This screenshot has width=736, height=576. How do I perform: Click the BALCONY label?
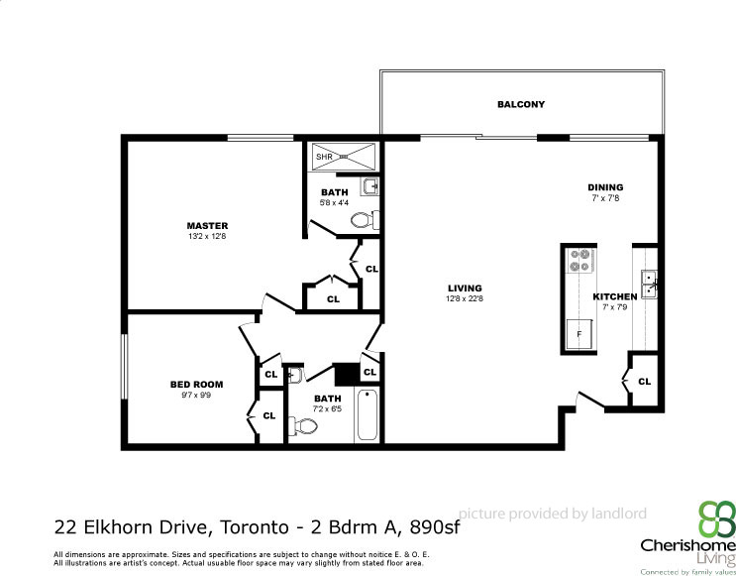(520, 104)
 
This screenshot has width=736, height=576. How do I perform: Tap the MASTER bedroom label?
(207, 226)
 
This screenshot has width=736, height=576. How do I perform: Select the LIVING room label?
(464, 288)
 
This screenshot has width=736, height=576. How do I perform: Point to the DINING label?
(605, 187)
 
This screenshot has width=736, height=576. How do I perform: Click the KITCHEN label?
(614, 296)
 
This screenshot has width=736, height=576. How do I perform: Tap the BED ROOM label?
(196, 384)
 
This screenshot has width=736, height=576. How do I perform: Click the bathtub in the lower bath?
(367, 415)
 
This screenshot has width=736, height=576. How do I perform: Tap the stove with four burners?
(578, 261)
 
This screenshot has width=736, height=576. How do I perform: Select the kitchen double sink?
(649, 285)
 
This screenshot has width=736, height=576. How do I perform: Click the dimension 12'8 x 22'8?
(464, 299)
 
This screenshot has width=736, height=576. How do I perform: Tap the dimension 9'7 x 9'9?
(196, 395)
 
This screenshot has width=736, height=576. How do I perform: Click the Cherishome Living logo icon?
(716, 518)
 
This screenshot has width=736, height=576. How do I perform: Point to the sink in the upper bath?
(369, 186)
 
